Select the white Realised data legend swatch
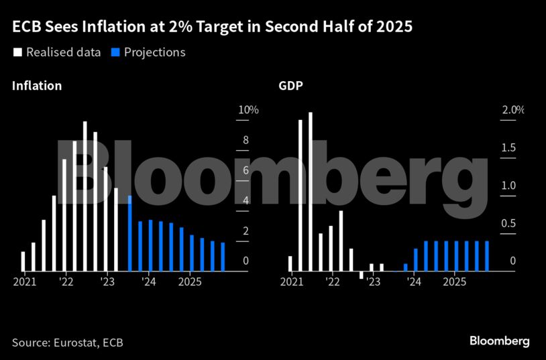coord(17,52)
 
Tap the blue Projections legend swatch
coord(115,52)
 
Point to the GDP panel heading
coord(291,86)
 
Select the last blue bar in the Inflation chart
coord(223,257)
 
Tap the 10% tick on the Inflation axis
coord(250,110)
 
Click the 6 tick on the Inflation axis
coord(246,170)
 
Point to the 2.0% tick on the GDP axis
coord(513,110)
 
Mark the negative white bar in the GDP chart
coord(362,275)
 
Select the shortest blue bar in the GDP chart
coord(405,267)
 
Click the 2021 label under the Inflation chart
coord(24,282)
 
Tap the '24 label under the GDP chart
coord(414,282)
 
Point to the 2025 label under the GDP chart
coord(455,282)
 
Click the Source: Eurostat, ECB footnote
coord(68,343)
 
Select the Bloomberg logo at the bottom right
coord(499,341)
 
